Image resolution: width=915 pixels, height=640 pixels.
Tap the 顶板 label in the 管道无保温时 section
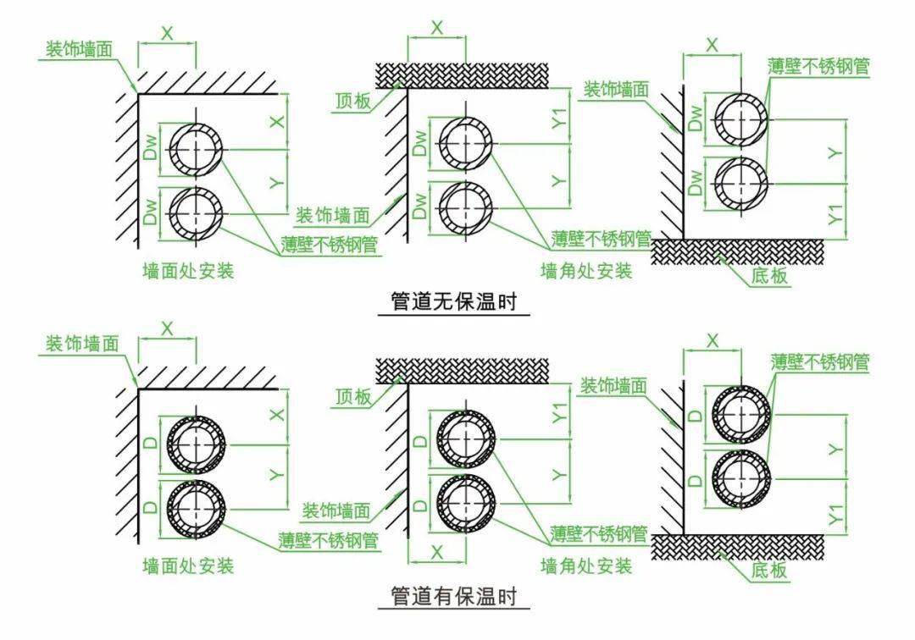[x=352, y=101]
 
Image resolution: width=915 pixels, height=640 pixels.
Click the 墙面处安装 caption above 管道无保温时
[x=188, y=272]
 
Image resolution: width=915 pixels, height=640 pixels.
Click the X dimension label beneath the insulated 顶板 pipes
[x=437, y=552]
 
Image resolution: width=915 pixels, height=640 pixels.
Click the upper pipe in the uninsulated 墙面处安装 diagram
[x=197, y=148]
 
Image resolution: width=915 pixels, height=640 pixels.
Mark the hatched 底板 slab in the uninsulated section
[x=737, y=251]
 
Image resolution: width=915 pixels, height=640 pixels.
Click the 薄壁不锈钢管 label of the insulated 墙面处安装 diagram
[x=329, y=539]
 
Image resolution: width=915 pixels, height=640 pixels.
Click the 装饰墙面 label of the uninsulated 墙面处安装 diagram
[x=81, y=49]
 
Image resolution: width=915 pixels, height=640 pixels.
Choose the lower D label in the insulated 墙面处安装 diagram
[x=149, y=507]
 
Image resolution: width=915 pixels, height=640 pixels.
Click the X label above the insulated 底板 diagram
[x=712, y=340]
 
